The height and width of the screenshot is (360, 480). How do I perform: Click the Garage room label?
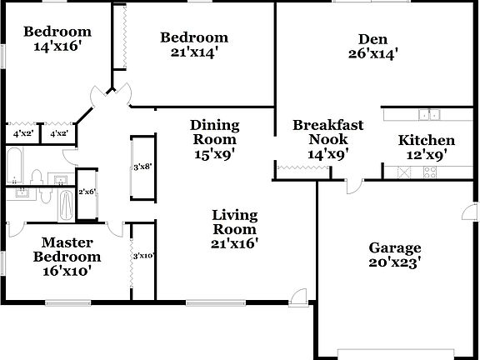[395, 247]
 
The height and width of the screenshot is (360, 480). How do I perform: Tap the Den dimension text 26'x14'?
[372, 55]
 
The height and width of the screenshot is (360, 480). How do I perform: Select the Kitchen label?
[426, 140]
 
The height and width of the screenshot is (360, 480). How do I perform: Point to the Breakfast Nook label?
[327, 132]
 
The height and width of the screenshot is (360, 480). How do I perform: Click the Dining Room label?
[215, 132]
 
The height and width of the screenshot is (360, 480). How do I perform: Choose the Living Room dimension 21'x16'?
[234, 243]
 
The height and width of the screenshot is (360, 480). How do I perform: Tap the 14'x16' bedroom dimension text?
[57, 47]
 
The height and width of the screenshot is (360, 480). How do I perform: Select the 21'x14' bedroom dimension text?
[194, 52]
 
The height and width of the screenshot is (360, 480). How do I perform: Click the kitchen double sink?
[430, 115]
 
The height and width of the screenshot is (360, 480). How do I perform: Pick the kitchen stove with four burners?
[430, 172]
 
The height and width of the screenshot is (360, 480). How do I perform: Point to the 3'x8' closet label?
[142, 167]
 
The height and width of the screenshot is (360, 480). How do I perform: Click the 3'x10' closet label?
[143, 256]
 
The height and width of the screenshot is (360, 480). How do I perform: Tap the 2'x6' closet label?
[87, 192]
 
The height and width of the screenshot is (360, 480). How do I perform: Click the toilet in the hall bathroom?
[36, 176]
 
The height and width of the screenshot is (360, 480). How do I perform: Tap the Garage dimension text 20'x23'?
[395, 263]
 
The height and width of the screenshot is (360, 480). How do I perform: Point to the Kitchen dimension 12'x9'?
[426, 153]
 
